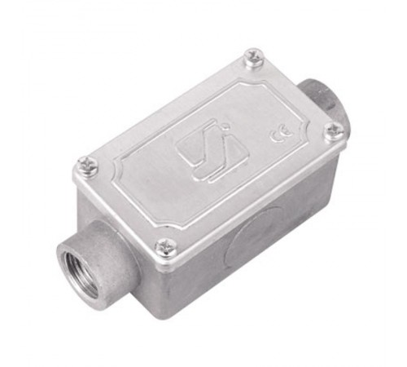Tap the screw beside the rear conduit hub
coord(253,56)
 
